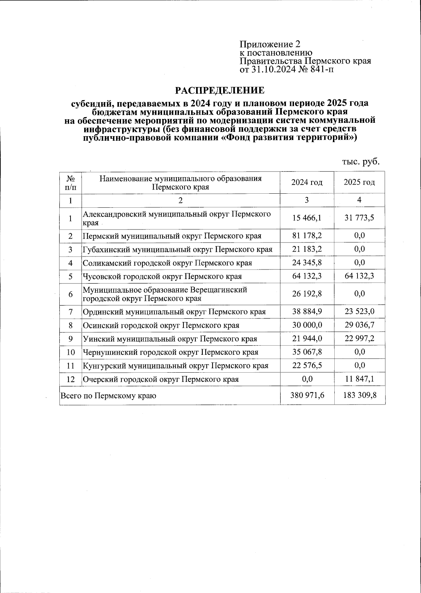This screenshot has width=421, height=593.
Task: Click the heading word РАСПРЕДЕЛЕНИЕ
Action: tap(220, 91)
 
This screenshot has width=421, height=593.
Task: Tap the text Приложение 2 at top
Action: tap(270, 44)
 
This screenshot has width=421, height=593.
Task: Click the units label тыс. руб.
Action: tap(361, 162)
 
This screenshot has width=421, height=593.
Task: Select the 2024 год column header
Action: tap(307, 182)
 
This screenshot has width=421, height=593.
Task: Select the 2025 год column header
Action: tap(359, 182)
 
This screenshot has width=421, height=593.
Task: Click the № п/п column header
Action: tap(71, 182)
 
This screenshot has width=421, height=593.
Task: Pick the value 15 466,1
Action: tap(307, 218)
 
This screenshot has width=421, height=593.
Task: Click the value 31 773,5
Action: tap(359, 218)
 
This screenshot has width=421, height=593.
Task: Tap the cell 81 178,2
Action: tap(307, 235)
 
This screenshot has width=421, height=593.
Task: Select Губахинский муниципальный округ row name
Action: tap(178, 249)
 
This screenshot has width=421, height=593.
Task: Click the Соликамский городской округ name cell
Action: tap(167, 263)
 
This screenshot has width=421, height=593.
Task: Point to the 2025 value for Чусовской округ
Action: tap(359, 276)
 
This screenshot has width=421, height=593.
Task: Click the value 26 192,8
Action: tap(307, 294)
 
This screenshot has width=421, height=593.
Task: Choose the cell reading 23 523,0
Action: tap(359, 311)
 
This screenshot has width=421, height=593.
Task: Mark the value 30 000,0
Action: tap(307, 325)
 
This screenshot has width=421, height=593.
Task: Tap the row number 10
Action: tap(71, 352)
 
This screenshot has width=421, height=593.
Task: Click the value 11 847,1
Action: tap(359, 379)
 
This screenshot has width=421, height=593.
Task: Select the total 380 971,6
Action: tap(307, 395)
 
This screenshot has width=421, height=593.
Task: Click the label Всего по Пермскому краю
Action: tap(108, 396)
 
